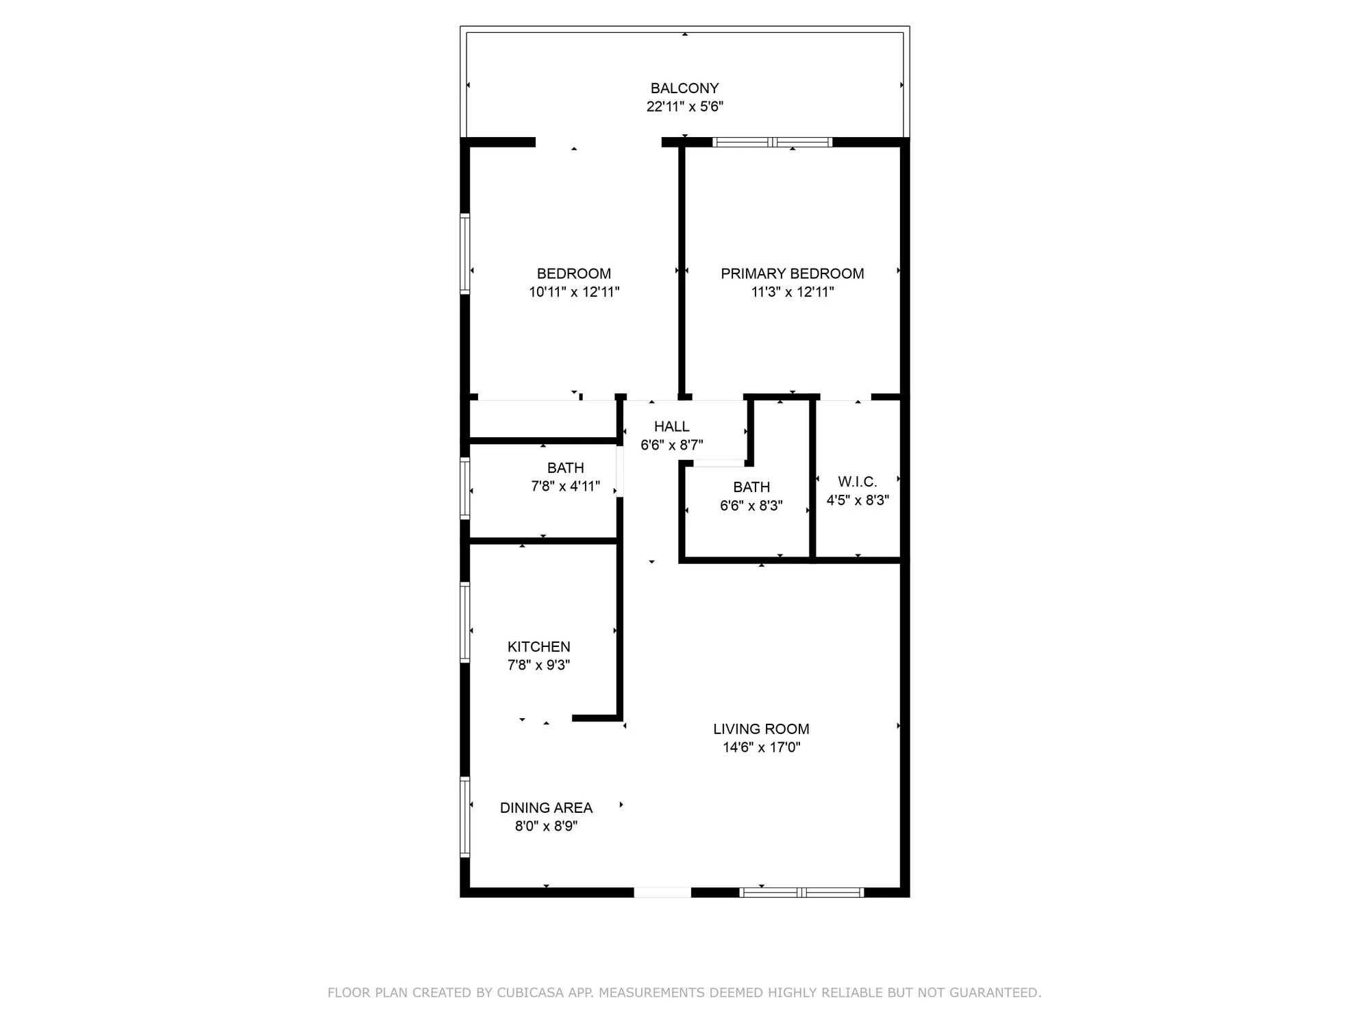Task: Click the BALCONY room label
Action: coord(684,88)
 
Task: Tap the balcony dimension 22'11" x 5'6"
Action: coord(684,107)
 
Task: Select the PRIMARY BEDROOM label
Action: coord(792,273)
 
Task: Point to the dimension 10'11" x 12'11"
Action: coord(574,292)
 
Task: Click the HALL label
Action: coord(671,426)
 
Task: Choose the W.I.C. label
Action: coord(857,482)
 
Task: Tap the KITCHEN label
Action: coord(538,646)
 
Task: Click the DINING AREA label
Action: coord(546,807)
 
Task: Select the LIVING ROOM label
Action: coord(761,729)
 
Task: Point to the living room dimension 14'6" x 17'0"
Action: coord(761,747)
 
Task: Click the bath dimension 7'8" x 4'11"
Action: coord(565,487)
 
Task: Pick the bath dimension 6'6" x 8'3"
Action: coord(751,506)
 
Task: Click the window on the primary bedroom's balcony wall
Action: coord(773,143)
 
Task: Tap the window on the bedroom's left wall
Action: coord(464,254)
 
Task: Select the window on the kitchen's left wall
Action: coord(464,622)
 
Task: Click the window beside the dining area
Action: coord(464,817)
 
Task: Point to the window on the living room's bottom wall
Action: coord(801,892)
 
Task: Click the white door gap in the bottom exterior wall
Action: coord(662,892)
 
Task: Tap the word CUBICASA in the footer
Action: coord(530,992)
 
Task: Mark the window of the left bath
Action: coord(464,488)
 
